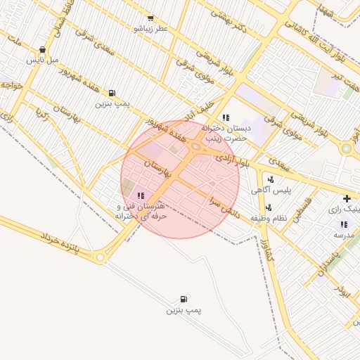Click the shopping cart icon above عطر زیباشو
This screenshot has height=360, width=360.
pos(150,18)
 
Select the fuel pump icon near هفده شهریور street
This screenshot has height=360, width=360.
pos(112,93)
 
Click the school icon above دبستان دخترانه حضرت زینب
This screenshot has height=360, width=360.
pos(225,117)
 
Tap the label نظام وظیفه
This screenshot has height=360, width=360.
pos(269,218)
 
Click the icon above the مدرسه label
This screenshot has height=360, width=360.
pos(344,224)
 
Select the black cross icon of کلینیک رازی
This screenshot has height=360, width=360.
pos(347,199)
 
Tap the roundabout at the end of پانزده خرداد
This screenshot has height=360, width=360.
pos(101,258)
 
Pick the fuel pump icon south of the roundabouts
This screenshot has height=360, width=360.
pos(184,299)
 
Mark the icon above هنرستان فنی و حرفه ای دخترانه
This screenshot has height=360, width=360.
pos(141,195)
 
